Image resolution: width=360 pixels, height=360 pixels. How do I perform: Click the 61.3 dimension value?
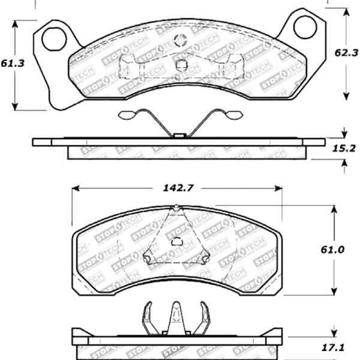click(x=13, y=62)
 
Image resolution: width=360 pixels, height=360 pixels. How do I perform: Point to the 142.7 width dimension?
click(x=178, y=188)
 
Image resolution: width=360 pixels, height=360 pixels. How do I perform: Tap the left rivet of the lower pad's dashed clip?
click(x=146, y=259)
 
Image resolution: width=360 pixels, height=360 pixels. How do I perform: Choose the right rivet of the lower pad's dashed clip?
click(x=205, y=259)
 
